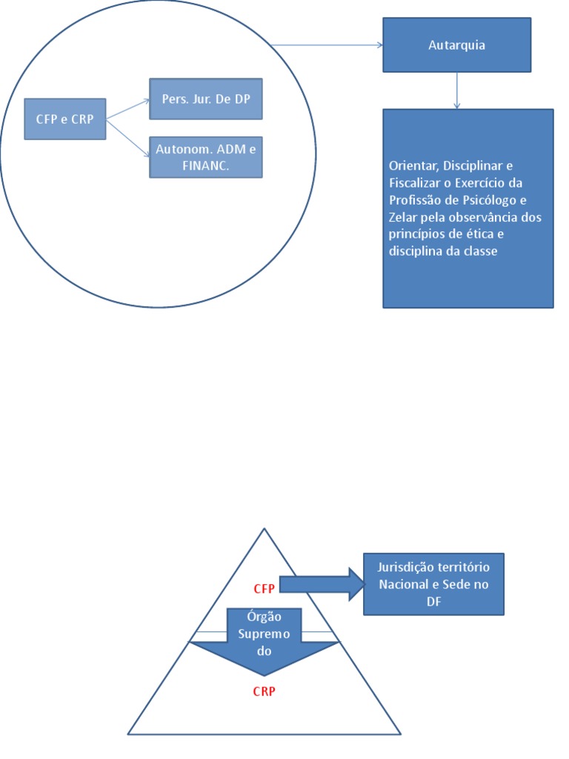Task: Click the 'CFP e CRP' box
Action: click(x=65, y=119)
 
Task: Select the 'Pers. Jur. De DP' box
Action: click(x=206, y=99)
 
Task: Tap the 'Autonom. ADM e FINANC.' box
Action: click(x=206, y=157)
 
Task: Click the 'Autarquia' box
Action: click(x=456, y=45)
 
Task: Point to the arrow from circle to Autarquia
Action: click(x=326, y=45)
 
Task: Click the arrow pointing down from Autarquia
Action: click(x=457, y=90)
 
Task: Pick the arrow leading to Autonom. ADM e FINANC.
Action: click(x=127, y=138)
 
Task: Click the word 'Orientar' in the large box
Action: click(x=411, y=165)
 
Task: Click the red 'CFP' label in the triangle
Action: click(x=264, y=589)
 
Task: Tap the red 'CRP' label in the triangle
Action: click(x=264, y=692)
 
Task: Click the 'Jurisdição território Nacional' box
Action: click(x=433, y=584)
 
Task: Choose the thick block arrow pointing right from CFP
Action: click(x=319, y=584)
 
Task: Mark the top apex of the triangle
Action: click(x=264, y=529)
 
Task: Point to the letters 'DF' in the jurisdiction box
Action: click(x=433, y=603)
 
